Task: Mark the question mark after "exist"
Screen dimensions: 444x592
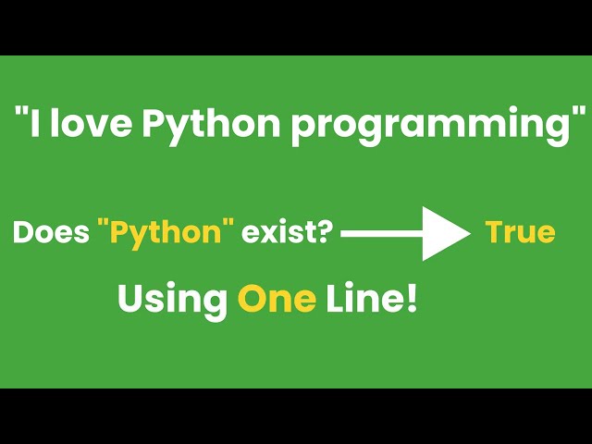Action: click(x=327, y=232)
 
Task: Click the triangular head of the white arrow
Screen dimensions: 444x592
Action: click(x=448, y=234)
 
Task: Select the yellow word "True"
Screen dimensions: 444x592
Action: click(x=520, y=232)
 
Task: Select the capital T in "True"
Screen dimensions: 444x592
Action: click(x=494, y=232)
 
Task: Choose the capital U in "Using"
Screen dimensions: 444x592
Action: click(x=129, y=299)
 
